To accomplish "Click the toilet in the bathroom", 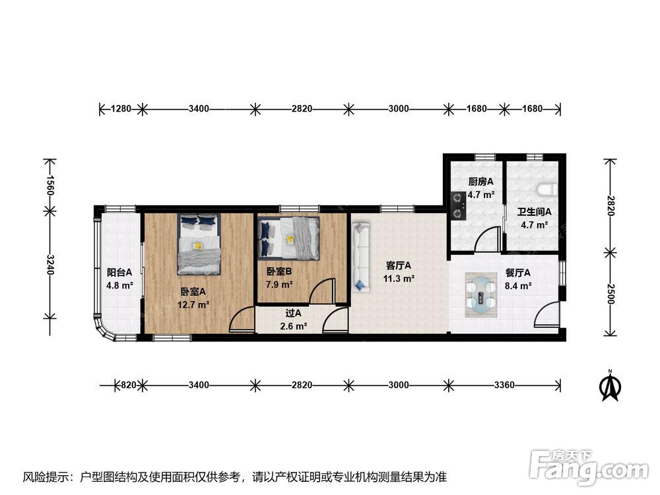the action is click(x=548, y=189).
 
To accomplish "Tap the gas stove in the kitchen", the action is click(x=458, y=206).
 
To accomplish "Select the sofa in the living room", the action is click(x=361, y=257).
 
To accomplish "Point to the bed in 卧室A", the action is click(x=199, y=244).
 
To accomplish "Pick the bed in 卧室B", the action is click(x=288, y=238).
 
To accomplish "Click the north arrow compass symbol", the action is click(x=610, y=385).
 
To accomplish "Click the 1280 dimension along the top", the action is click(x=121, y=109).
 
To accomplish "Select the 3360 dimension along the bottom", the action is click(x=504, y=385).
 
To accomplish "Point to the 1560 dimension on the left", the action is click(x=50, y=185).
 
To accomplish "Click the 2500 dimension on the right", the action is click(x=610, y=294).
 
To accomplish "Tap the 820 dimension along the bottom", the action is click(x=129, y=385).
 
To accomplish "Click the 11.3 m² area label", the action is click(x=399, y=279).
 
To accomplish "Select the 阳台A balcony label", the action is click(x=119, y=273).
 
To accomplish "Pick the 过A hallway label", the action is click(x=294, y=313).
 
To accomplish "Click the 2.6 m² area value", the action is click(x=294, y=326).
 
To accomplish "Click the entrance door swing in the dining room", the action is click(x=546, y=315).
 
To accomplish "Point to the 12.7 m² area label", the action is click(x=193, y=304).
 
